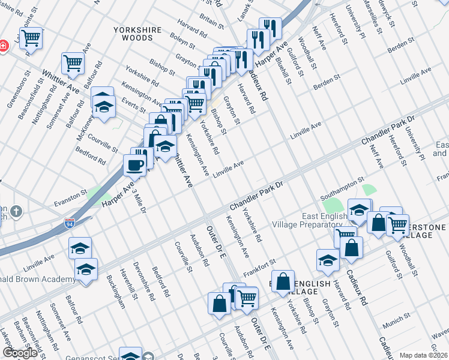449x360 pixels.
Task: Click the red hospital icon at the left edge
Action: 3,46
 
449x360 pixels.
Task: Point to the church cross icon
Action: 16,212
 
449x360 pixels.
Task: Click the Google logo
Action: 20,353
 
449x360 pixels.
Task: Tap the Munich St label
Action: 397,316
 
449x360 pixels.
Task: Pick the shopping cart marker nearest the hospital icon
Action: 31,38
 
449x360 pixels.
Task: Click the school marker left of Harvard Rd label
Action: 328,260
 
